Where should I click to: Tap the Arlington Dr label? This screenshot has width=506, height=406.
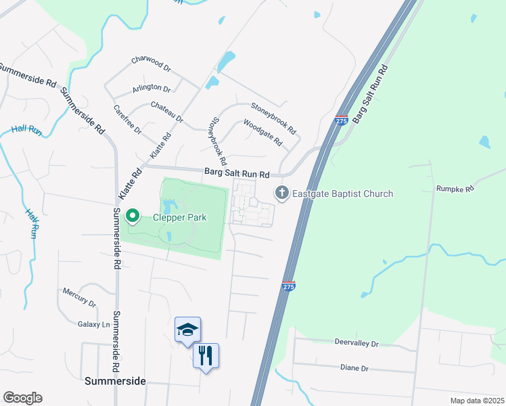pos(152,88)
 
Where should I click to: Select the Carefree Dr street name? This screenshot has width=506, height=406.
pos(127,119)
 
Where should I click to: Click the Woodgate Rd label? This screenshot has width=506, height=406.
pos(262,133)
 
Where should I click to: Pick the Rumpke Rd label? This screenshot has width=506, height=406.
pos(453,189)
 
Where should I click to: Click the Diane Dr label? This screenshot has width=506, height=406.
pos(355,368)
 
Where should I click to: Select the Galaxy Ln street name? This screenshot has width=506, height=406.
pos(93,324)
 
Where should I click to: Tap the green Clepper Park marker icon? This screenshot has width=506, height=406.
pos(133,217)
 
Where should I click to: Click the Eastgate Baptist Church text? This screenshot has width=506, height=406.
pos(342,194)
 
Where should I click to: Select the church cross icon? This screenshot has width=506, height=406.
pos(281,194)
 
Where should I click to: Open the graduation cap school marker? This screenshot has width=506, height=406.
pos(187,329)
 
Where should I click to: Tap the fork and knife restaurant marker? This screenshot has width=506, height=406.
pos(206,354)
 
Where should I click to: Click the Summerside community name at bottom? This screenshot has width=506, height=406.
pos(115,381)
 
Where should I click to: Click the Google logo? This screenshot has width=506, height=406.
pos(22,398)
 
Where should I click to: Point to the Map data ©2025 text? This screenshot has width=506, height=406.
pos(476,401)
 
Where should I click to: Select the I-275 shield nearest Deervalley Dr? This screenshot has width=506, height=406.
pos(288,286)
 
